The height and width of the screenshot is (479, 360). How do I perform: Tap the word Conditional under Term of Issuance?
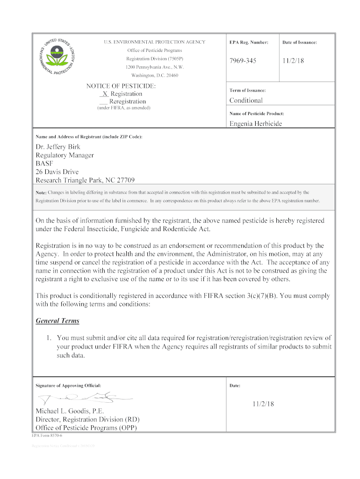point(246,101)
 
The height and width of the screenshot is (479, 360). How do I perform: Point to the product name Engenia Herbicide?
point(255,123)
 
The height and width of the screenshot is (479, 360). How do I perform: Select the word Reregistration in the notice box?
point(127,102)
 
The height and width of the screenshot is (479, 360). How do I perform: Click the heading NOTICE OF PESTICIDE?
point(121,86)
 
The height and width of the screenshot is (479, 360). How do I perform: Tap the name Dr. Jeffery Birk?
point(58,147)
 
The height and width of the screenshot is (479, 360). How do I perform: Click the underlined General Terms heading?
point(58,321)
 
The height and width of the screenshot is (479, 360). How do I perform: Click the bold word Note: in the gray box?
point(41,193)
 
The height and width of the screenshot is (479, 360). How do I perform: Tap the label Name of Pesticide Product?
point(256,114)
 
